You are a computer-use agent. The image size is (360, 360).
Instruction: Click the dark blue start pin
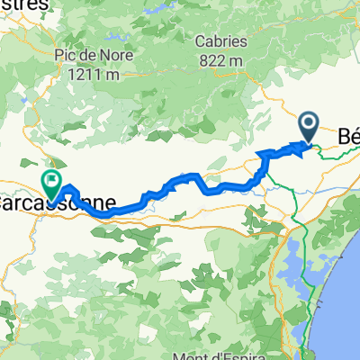tap(308, 126)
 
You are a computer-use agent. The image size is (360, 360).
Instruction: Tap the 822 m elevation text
tap(222, 58)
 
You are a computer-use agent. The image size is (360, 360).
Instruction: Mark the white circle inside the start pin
tap(308, 123)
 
